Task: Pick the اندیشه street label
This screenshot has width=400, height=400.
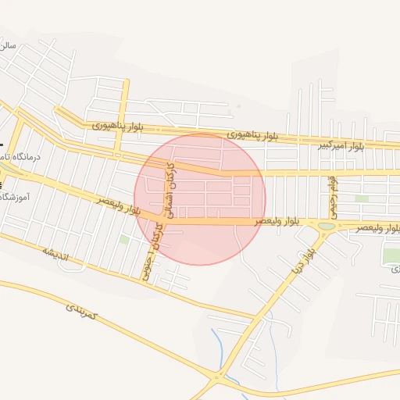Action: coord(55,253)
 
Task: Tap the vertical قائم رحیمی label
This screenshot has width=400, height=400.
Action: coord(332,197)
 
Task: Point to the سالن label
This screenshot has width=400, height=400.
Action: coord(8,46)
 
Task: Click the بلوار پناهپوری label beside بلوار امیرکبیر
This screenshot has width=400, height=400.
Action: coord(252,136)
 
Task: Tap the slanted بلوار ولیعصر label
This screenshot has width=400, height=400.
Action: coord(120,206)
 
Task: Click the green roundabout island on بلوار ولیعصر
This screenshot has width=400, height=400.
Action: coord(327,226)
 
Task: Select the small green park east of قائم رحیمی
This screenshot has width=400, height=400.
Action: coord(361,199)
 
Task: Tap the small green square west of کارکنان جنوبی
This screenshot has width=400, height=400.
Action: coord(124,239)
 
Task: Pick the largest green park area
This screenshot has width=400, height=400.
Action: coord(391,255)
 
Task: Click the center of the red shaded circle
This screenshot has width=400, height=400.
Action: coord(200,199)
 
